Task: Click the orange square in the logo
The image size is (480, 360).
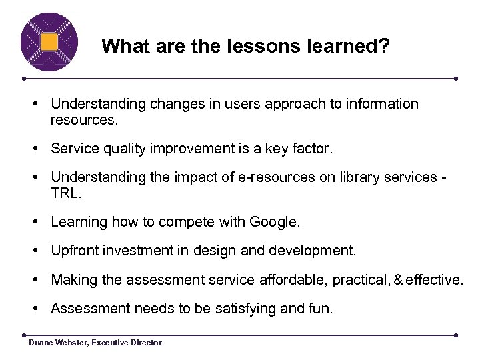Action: click(49, 42)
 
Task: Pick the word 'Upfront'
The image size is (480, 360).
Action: click(75, 251)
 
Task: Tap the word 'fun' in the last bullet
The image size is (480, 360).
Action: click(318, 309)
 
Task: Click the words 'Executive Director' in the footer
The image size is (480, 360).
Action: click(127, 343)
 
